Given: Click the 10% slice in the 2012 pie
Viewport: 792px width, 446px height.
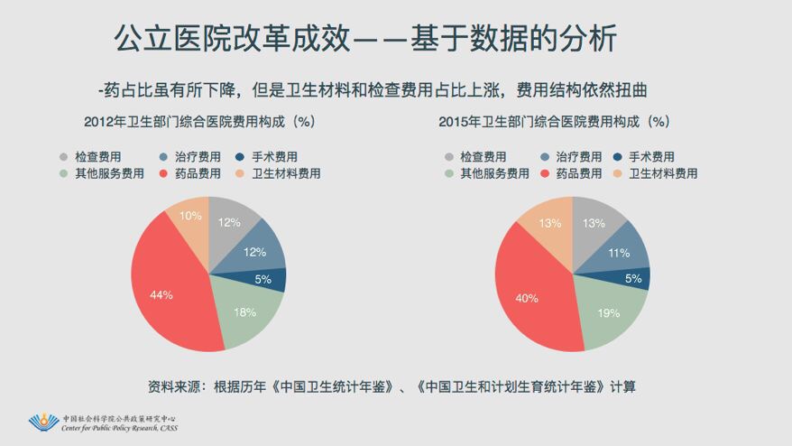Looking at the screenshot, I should [x=189, y=217].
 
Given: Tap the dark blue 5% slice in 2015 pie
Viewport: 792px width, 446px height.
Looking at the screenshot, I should [x=634, y=279].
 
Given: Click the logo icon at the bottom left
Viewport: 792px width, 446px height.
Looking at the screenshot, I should [x=43, y=423].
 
